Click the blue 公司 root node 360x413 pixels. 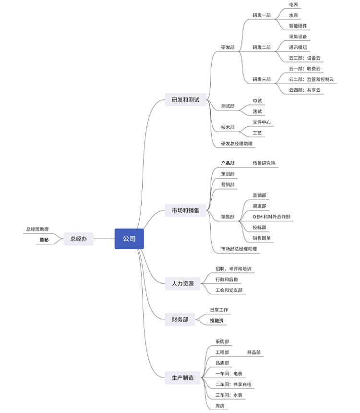129,239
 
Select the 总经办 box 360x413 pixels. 78,239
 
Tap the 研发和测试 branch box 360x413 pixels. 185,100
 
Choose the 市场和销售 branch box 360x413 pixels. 185,210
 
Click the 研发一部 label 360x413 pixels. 262,15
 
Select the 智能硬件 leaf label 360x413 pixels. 298,25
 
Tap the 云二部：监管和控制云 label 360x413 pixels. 311,79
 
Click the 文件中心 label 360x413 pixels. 262,122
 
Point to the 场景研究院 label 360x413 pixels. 264,163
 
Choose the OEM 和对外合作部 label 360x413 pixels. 271,217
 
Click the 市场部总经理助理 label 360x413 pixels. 239,249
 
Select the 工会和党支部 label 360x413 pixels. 228,290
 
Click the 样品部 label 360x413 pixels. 254,352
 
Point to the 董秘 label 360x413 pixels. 44,239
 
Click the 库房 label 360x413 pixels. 220,406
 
